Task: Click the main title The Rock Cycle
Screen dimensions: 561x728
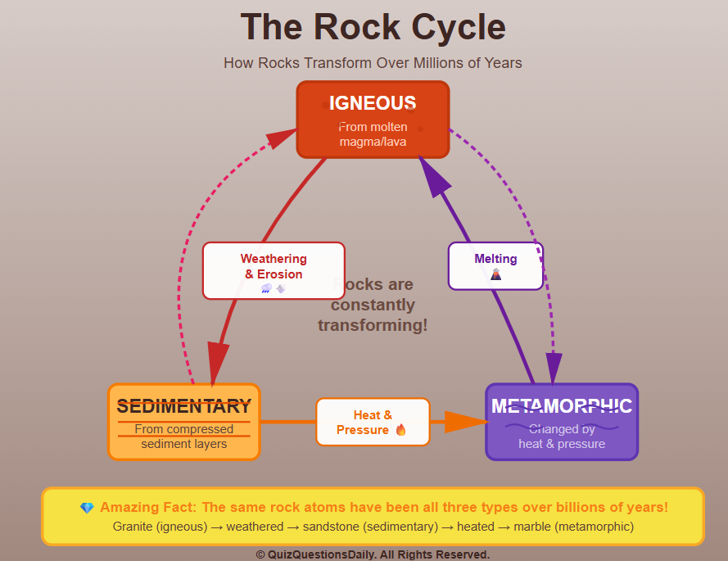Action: tap(373, 27)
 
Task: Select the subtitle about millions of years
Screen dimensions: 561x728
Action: tap(373, 63)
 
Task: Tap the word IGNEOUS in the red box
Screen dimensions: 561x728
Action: tap(373, 103)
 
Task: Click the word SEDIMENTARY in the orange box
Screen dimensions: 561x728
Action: tap(184, 406)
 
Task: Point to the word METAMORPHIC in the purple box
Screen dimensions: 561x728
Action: tap(562, 406)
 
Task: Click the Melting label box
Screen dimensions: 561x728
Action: tap(495, 265)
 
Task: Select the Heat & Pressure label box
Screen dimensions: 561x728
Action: tap(373, 422)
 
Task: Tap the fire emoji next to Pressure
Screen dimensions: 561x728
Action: tap(401, 430)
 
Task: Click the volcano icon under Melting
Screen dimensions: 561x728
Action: tap(495, 275)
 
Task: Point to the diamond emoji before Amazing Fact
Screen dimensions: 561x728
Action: tap(87, 509)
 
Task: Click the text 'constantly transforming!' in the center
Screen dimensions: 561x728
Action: tap(373, 315)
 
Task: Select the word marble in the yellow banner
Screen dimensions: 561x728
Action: tap(533, 527)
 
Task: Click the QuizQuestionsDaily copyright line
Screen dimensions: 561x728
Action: tap(373, 554)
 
